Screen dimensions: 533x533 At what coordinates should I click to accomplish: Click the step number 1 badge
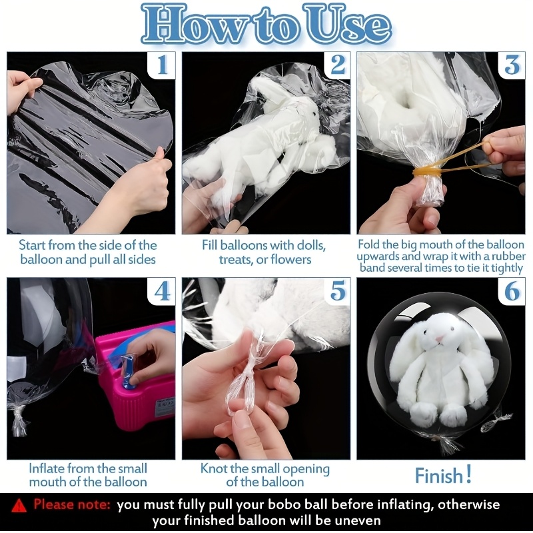point(162,65)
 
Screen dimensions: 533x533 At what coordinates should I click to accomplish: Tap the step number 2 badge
point(337,65)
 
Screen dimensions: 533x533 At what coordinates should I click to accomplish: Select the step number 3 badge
point(512,65)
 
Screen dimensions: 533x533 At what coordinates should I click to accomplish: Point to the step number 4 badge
point(162,291)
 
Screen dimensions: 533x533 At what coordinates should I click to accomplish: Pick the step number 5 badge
point(337,291)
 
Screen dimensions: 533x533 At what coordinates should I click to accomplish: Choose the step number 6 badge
point(512,291)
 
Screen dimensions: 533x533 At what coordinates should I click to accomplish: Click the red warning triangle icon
point(19,506)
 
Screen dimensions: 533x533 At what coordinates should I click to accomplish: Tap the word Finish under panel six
point(439,476)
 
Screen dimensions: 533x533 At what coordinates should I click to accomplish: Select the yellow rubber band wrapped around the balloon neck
point(427,171)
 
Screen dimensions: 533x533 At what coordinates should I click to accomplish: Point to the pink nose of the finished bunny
point(440,338)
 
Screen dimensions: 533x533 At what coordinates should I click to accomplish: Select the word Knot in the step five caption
point(213,468)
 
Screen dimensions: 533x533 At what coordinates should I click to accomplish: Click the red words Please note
point(72,504)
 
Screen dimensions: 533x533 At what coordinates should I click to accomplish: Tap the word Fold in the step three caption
point(369,245)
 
